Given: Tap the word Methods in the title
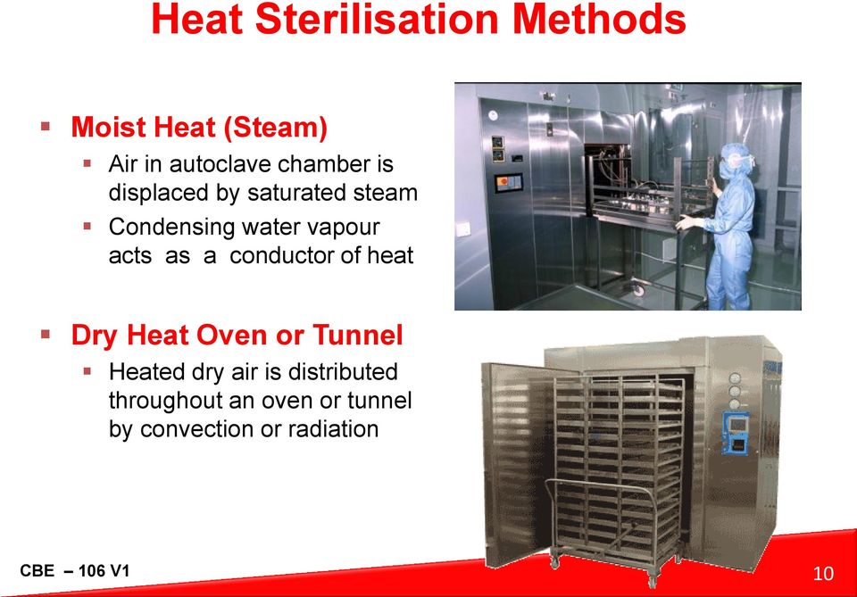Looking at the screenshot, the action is pos(599,19).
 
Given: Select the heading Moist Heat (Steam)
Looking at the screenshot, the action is pos(199,128).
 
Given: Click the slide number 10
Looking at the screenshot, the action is pos(823,574).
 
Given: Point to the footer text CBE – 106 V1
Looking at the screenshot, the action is pos(75,571).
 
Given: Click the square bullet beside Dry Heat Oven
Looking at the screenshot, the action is pos(46,333).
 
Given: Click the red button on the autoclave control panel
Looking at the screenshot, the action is pos(503,182).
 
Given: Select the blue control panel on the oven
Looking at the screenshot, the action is pos(735,433).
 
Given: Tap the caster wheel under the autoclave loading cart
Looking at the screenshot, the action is pos(638,288).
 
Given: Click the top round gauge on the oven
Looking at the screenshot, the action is pos(735,378).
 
